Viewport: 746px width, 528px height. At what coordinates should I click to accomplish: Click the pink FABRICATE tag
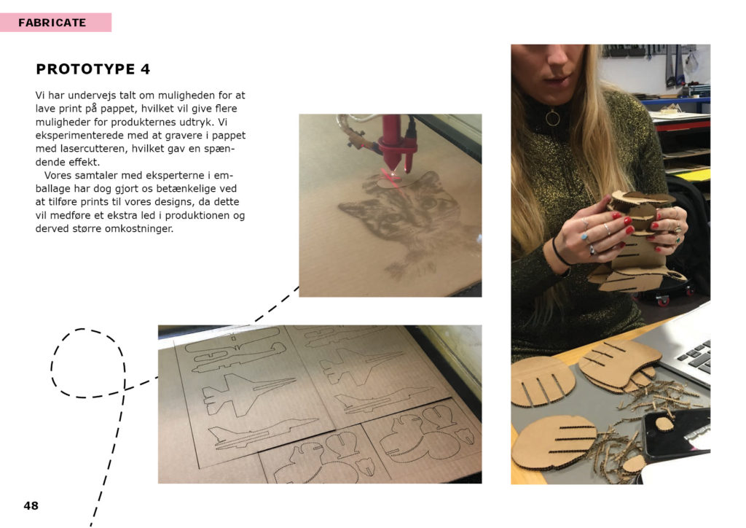55,23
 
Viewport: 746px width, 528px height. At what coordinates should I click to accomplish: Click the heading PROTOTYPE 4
93,69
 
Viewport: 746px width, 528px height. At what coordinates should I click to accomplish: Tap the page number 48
31,505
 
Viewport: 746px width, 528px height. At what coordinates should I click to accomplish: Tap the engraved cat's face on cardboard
404,209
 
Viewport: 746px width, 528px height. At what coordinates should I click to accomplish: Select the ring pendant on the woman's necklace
552,117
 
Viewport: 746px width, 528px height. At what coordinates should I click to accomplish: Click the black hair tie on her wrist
559,252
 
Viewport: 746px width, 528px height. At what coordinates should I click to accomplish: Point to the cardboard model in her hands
637,238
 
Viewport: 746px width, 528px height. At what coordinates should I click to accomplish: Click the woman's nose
558,56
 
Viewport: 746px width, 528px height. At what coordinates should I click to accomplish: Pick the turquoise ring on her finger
584,236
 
